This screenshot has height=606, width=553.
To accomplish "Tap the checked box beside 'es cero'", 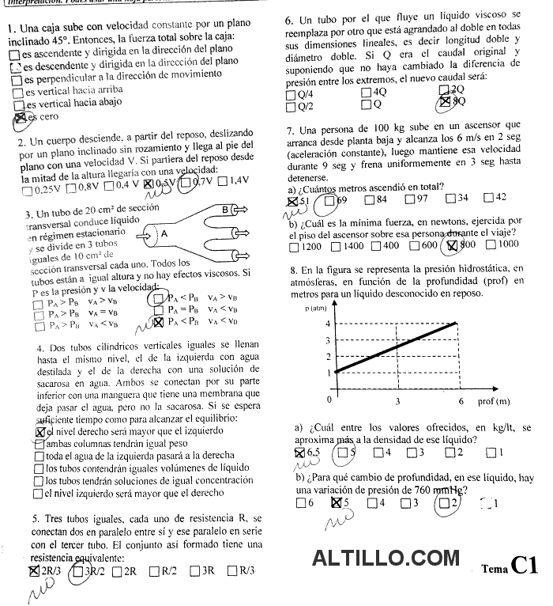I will click(21, 117).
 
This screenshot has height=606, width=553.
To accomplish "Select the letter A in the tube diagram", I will click(164, 234).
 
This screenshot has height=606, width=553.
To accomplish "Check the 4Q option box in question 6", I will click(367, 92).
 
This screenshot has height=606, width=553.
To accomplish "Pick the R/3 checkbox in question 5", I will click(232, 570).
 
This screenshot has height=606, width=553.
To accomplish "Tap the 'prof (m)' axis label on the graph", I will click(495, 401).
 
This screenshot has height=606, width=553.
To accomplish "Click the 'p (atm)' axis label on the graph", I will click(316, 308).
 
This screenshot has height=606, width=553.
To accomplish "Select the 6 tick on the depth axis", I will click(461, 401).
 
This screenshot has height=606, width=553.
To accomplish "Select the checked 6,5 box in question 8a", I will click(299, 453).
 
